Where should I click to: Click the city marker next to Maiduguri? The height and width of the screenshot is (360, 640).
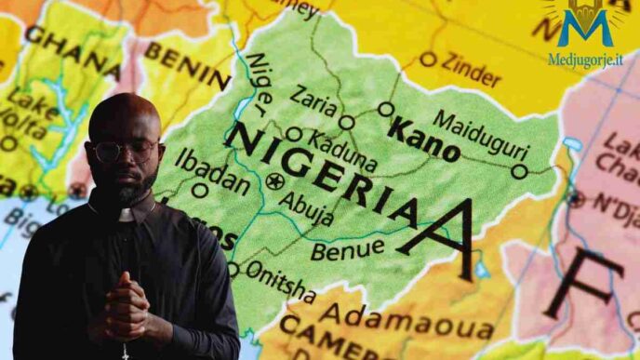pyautogui.click(x=519, y=170)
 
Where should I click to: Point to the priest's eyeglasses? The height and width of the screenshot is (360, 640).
pyautogui.click(x=125, y=151)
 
